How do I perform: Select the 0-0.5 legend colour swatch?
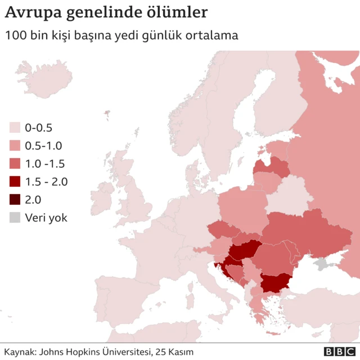pyautogui.click(x=15, y=128)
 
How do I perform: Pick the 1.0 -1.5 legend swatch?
pyautogui.click(x=15, y=164)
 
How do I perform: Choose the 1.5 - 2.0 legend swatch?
pyautogui.click(x=15, y=182)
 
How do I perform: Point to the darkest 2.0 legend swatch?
pyautogui.click(x=15, y=200)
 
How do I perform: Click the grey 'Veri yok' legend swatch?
pyautogui.click(x=15, y=218)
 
